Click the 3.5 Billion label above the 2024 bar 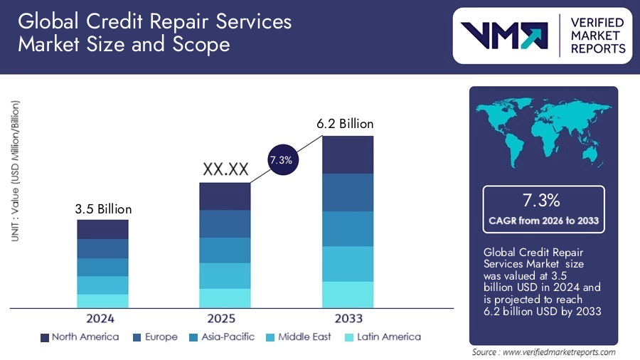click(x=103, y=209)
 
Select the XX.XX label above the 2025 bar click(x=225, y=170)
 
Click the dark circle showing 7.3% click(x=281, y=160)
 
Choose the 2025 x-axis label click(x=225, y=319)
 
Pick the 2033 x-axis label click(x=348, y=319)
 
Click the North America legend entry click(x=80, y=337)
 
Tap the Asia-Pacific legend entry click(x=223, y=337)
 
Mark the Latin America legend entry click(x=381, y=337)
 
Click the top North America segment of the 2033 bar click(x=348, y=154)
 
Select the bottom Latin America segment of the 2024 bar click(x=103, y=301)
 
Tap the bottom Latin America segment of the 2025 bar click(x=225, y=298)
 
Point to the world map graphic click(x=544, y=132)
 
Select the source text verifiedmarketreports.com click(x=544, y=352)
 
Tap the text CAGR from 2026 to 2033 click(x=544, y=221)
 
